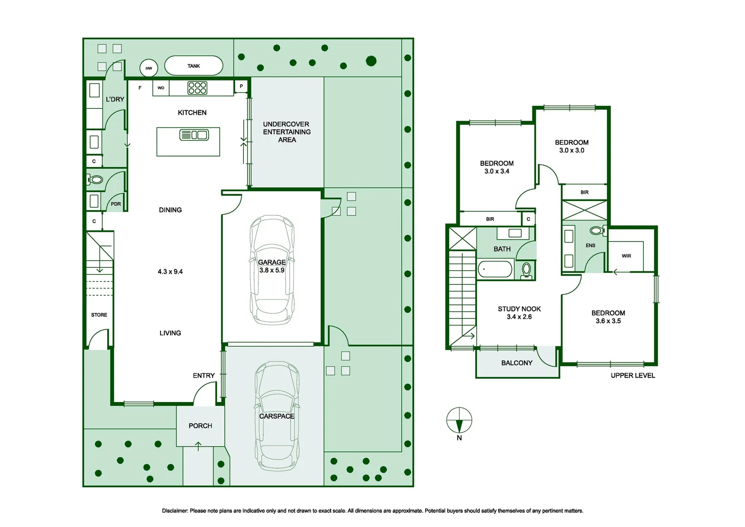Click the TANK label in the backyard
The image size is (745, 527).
[x=194, y=66]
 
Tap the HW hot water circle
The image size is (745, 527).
[x=149, y=68]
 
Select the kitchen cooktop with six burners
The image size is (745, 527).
[x=197, y=88]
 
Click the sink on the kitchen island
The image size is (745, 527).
[x=194, y=135]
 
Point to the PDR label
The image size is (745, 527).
[x=116, y=204]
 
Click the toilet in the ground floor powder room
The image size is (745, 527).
[x=95, y=180]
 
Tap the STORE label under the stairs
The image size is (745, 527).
[x=99, y=315]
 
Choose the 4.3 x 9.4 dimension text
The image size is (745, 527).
[x=170, y=272]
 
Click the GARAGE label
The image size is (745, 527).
[x=272, y=263]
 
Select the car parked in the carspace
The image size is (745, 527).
[x=277, y=416]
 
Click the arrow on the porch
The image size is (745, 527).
[x=198, y=446]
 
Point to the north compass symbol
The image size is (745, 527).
[x=459, y=420]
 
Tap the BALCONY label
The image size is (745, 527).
[x=517, y=363]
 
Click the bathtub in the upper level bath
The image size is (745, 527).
[x=495, y=269]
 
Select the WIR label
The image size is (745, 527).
[x=626, y=256]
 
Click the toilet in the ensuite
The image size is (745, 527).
[x=598, y=230]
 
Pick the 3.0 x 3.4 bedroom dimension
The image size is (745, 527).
[x=497, y=171]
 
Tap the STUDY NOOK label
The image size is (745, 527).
[x=519, y=309]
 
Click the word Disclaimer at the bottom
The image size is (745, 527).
[x=175, y=511]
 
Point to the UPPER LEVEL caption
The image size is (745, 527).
[x=633, y=376]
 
